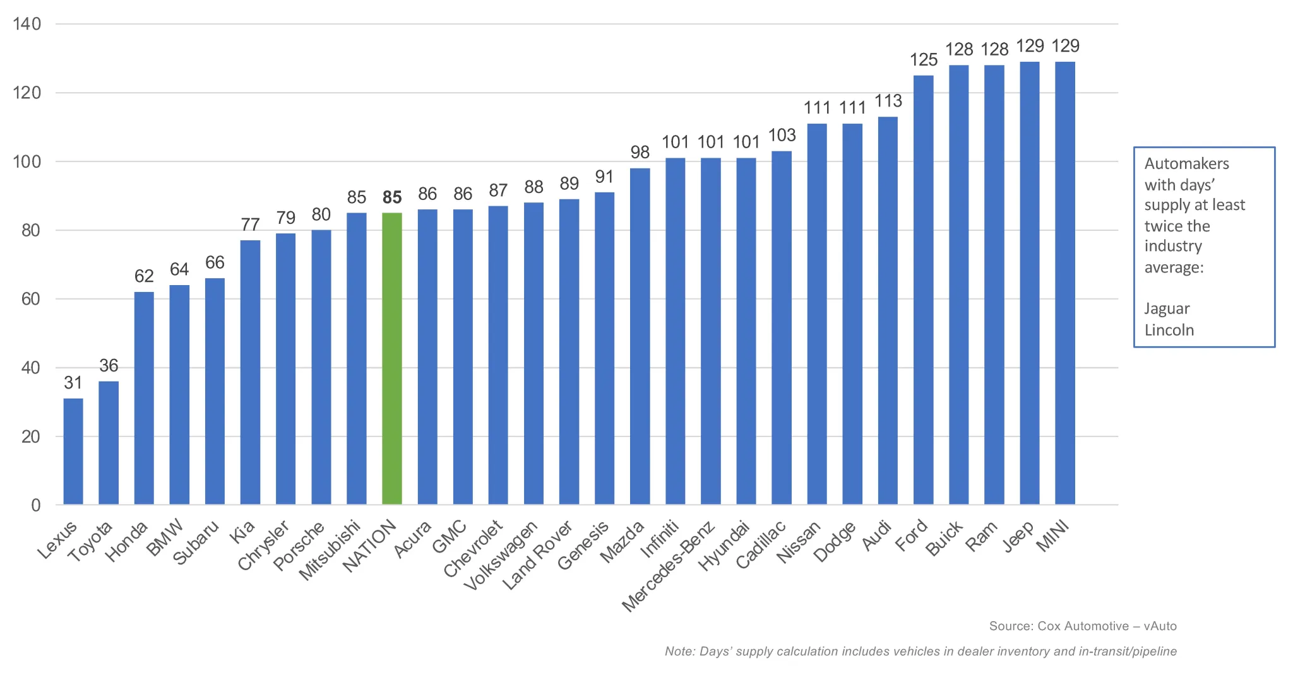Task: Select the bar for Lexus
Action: tap(73, 451)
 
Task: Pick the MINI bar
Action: tap(1064, 283)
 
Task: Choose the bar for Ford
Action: tap(923, 290)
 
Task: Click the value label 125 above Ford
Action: tap(923, 60)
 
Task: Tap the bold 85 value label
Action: tap(392, 197)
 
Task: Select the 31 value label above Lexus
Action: tap(73, 383)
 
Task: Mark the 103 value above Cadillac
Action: tap(782, 135)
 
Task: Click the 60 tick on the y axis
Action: tap(30, 299)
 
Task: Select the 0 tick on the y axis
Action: tap(35, 505)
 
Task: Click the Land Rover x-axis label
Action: tap(537, 556)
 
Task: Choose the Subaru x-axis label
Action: tap(196, 542)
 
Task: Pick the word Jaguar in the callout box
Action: tap(1167, 308)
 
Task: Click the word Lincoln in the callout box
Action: tap(1169, 330)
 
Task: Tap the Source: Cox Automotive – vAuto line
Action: tap(1082, 626)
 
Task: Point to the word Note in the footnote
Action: tap(679, 651)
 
